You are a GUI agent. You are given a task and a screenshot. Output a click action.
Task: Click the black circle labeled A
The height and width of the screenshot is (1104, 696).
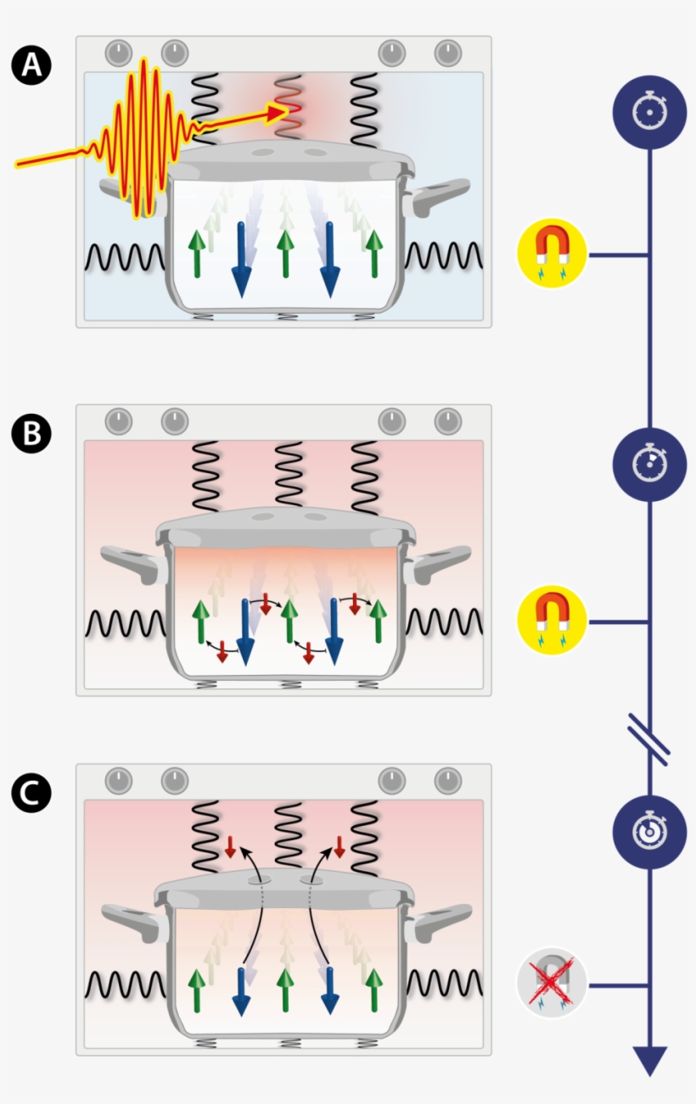point(31,65)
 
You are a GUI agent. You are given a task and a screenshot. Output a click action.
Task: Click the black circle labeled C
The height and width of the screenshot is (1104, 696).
point(31,793)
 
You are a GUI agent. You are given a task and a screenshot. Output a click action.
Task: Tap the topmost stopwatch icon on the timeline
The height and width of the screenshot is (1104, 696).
point(649,112)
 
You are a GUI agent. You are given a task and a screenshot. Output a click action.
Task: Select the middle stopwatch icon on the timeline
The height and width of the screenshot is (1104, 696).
point(649,463)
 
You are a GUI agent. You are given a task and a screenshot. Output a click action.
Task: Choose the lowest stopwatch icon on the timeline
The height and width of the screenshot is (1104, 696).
point(649,832)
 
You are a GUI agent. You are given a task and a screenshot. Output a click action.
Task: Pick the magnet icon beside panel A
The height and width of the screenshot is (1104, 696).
point(553,253)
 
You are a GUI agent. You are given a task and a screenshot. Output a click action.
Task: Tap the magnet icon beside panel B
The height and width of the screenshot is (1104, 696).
point(553,621)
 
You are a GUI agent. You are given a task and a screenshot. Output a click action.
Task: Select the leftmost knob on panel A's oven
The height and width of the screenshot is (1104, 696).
point(119,53)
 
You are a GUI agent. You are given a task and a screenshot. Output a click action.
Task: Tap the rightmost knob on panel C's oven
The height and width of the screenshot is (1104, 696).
point(447,780)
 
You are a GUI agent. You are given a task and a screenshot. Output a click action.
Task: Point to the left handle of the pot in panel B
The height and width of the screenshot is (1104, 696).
point(129,563)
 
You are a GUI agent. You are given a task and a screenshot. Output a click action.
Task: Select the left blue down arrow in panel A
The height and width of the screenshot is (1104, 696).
point(242,259)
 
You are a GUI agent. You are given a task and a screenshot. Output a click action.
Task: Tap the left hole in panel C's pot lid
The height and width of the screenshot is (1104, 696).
point(260,882)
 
